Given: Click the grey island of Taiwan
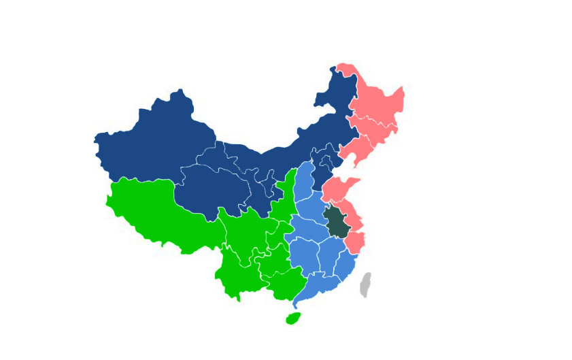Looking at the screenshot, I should pyautogui.click(x=365, y=284).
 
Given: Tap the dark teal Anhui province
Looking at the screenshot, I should pyautogui.click(x=335, y=221).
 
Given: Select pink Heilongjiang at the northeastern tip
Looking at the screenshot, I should pyautogui.click(x=377, y=99).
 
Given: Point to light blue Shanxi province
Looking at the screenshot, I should pyautogui.click(x=304, y=180).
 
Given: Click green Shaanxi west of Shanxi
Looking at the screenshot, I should pyautogui.click(x=286, y=197).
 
